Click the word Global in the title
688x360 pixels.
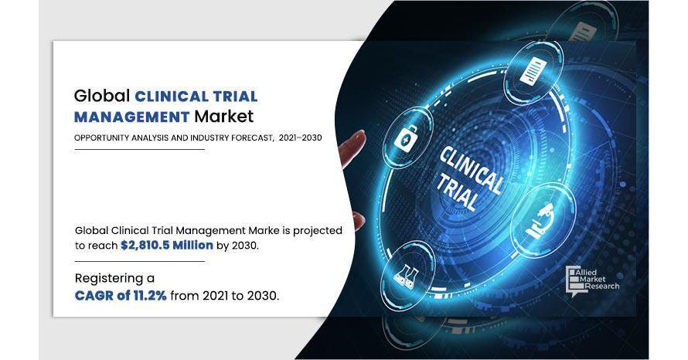click(x=102, y=96)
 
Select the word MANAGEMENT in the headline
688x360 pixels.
click(x=131, y=117)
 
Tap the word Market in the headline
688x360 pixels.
click(x=223, y=117)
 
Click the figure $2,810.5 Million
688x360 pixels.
click(x=167, y=245)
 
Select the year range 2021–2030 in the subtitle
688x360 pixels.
click(x=300, y=138)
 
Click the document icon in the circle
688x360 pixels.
click(x=533, y=70)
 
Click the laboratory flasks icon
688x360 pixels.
click(x=406, y=275)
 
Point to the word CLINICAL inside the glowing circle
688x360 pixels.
click(x=470, y=170)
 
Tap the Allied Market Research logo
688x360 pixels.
click(x=592, y=281)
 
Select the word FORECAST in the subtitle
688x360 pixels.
click(x=254, y=138)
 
